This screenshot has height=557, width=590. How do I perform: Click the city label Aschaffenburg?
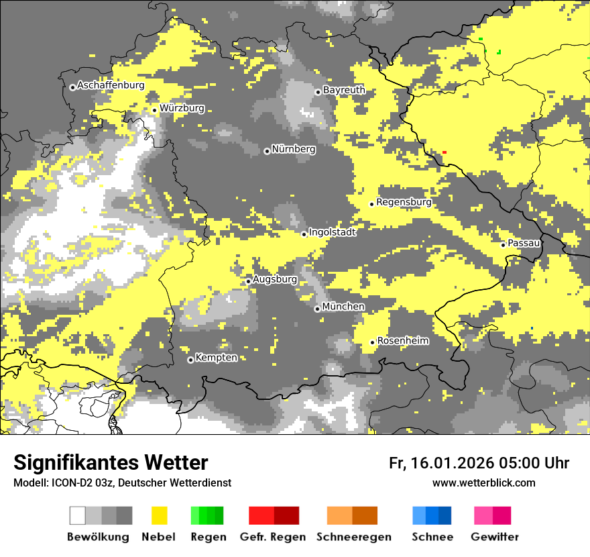111,85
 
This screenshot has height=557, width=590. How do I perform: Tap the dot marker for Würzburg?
154,110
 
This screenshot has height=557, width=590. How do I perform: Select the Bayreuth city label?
344,90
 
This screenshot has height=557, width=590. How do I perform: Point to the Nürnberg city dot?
267,151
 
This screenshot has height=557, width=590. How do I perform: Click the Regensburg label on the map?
404,202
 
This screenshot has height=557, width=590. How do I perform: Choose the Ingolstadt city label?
332,232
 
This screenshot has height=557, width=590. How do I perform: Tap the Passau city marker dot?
504,245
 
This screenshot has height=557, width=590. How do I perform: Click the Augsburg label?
275,279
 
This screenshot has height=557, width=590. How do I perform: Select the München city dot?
317,309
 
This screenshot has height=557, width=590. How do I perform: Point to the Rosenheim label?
402,341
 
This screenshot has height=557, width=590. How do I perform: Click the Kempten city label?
216,358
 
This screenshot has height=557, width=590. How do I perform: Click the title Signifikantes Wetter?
111,462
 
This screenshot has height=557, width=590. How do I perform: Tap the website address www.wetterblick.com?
483,483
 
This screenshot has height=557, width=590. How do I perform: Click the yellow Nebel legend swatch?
160,515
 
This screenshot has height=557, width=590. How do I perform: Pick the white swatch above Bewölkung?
78,515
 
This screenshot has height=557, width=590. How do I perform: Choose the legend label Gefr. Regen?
274,537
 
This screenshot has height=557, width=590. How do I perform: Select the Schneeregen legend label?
354,537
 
